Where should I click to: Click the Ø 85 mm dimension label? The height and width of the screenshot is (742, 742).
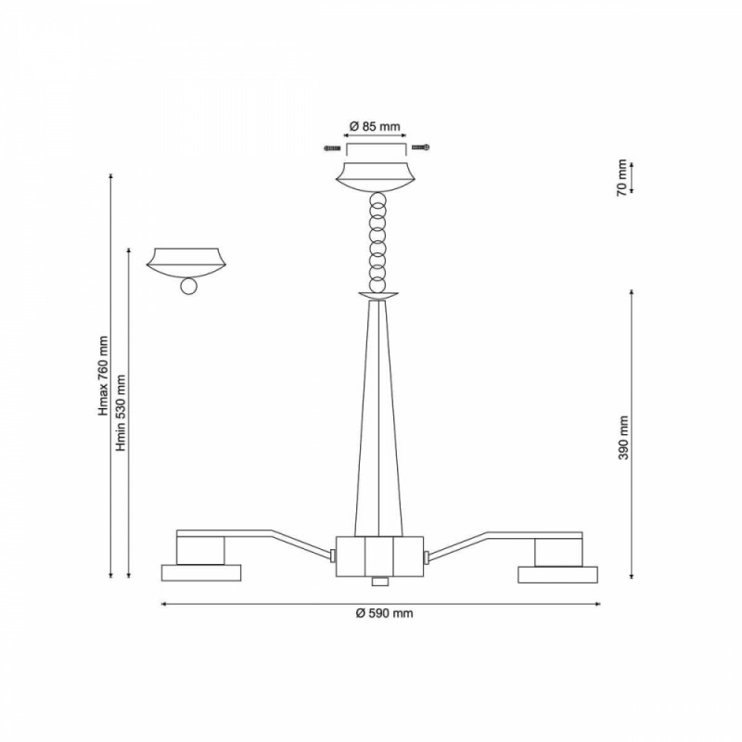pos(375,126)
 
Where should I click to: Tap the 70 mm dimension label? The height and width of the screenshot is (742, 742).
pos(621,177)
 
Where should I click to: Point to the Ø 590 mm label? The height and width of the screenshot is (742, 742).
pos(384,613)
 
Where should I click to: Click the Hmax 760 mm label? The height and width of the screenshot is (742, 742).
pos(103,377)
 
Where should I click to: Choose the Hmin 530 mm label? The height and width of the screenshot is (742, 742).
pos(122,413)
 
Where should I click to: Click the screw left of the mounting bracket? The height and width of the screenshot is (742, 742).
pos(332,148)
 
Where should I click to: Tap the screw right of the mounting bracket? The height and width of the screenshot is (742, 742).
pos(421,147)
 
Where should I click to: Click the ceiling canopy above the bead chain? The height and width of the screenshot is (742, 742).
pos(377,177)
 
